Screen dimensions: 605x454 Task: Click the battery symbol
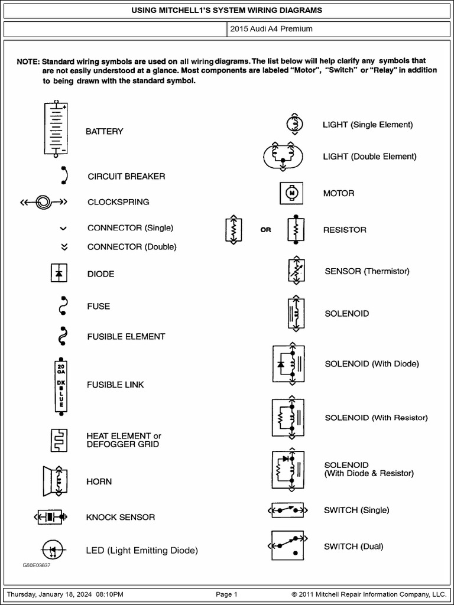point(57,129)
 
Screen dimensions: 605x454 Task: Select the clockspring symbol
point(44,202)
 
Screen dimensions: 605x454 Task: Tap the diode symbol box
point(59,274)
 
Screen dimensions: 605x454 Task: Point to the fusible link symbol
point(61,385)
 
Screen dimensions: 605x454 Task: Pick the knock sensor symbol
point(55,517)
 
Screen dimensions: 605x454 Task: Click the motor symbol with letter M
point(291,193)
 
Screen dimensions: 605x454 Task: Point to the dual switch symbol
point(288,545)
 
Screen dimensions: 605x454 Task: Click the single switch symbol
point(288,510)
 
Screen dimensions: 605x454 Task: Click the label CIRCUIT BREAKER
point(127,176)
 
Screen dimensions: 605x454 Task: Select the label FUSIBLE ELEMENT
point(126,336)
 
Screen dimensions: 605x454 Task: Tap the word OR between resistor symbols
point(266,230)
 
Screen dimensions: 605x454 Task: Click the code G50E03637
point(37,565)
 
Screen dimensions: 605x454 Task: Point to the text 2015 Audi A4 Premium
point(271,28)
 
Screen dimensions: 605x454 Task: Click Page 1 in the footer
point(226,594)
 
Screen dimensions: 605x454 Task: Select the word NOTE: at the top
point(28,61)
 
